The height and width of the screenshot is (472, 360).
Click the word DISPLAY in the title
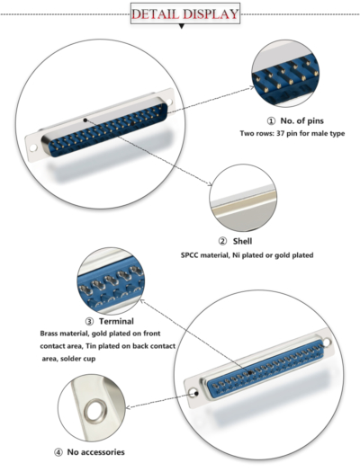[x=211, y=14]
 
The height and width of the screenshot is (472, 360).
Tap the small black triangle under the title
[x=181, y=28]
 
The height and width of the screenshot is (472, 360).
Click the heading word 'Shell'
[x=242, y=241]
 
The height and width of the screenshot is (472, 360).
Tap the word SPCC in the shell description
[x=193, y=255]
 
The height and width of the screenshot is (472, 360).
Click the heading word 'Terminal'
[x=116, y=320]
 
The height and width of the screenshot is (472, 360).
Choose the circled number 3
[x=88, y=320]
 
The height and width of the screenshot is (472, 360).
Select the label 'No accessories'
[x=96, y=451]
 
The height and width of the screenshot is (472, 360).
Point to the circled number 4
[x=58, y=451]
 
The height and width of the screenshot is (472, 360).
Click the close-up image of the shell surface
[x=241, y=199]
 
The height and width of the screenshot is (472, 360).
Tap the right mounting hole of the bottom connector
[x=328, y=343]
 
